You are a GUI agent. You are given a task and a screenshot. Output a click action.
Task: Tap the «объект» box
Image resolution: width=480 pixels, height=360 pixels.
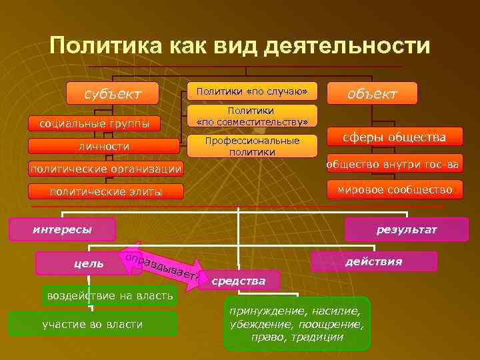click(372, 93)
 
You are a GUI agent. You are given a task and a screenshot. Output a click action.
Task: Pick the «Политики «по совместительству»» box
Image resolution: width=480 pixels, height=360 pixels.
click(252, 116)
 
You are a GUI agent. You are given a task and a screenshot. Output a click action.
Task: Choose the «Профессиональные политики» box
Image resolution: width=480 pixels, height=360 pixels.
click(252, 146)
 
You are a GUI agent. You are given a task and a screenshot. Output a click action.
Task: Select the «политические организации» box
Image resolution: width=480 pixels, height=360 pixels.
click(105, 169)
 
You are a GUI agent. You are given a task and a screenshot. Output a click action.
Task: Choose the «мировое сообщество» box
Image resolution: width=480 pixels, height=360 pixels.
click(395, 189)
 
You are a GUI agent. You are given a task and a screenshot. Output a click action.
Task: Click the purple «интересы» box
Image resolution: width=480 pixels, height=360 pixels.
click(63, 230)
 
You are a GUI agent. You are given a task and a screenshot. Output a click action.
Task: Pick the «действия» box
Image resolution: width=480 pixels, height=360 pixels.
click(373, 261)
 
